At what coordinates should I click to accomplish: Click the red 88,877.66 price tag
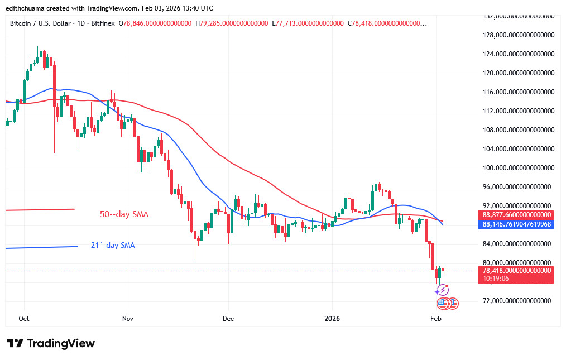(x=516, y=215)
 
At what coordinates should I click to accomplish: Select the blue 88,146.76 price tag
(x=516, y=224)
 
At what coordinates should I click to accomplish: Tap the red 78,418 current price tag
(x=516, y=270)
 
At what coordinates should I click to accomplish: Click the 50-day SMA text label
(x=124, y=214)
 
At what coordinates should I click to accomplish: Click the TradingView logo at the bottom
(x=51, y=343)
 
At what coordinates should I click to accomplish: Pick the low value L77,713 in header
(x=308, y=23)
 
